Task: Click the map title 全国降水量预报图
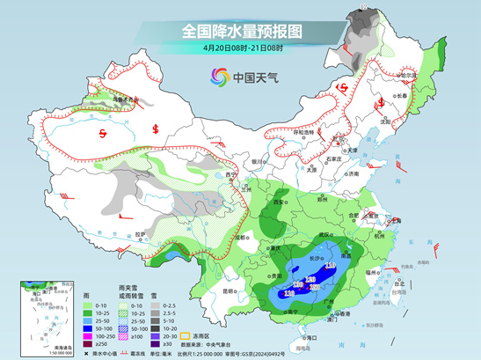[x=241, y=30]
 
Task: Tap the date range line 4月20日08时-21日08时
[x=240, y=48]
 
